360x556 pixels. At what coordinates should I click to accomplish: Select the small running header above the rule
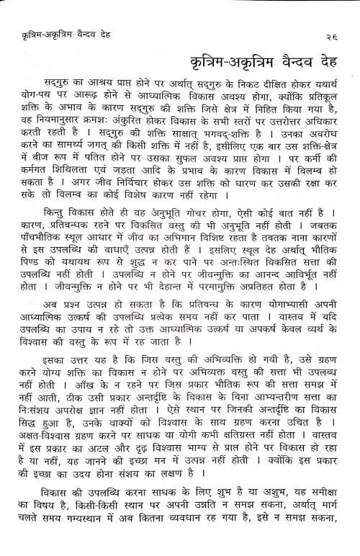click(75, 31)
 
